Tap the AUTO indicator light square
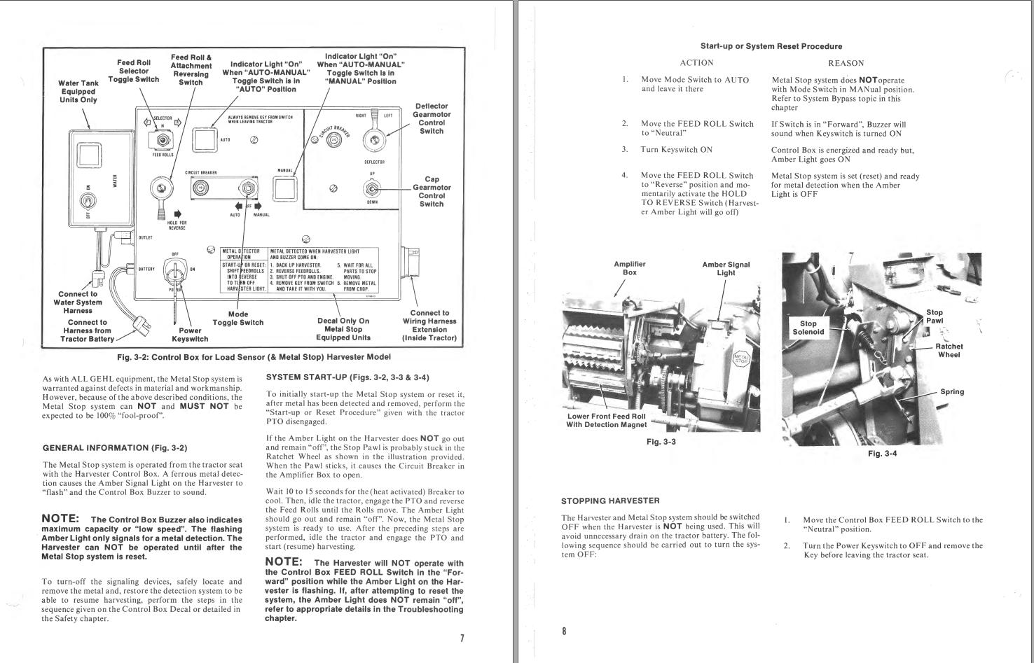[x=204, y=139]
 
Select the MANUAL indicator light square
[x=284, y=188]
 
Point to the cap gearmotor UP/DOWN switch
[x=372, y=188]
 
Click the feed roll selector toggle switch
[x=163, y=141]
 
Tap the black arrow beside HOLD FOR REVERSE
[x=177, y=214]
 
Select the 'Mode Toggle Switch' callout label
[x=238, y=319]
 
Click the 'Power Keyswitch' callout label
[x=190, y=335]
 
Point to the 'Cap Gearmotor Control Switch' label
[x=432, y=192]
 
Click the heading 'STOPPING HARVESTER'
[x=610, y=501]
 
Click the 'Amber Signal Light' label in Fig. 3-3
[x=726, y=269]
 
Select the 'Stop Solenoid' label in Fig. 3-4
[x=808, y=328]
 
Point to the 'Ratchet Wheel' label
[x=949, y=350]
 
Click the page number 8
[x=564, y=631]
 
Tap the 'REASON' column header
[x=846, y=63]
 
